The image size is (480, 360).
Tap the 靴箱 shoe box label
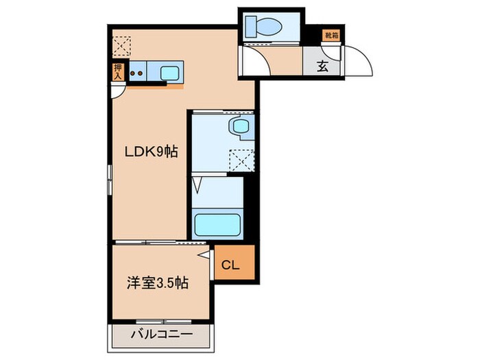pyautogui.click(x=332, y=35)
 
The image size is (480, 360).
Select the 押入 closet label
pyautogui.click(x=118, y=71)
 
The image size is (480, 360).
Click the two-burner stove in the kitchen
pyautogui.click(x=137, y=72)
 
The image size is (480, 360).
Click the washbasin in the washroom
pyautogui.click(x=240, y=125)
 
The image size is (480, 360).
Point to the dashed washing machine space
pyautogui.click(x=243, y=160)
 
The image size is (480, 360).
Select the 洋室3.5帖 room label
pyautogui.click(x=157, y=283)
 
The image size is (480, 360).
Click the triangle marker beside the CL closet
pyautogui.click(x=204, y=256)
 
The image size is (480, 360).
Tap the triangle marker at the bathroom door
pyautogui.click(x=197, y=184)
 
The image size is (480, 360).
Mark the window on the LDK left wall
pyautogui.click(x=108, y=186)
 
